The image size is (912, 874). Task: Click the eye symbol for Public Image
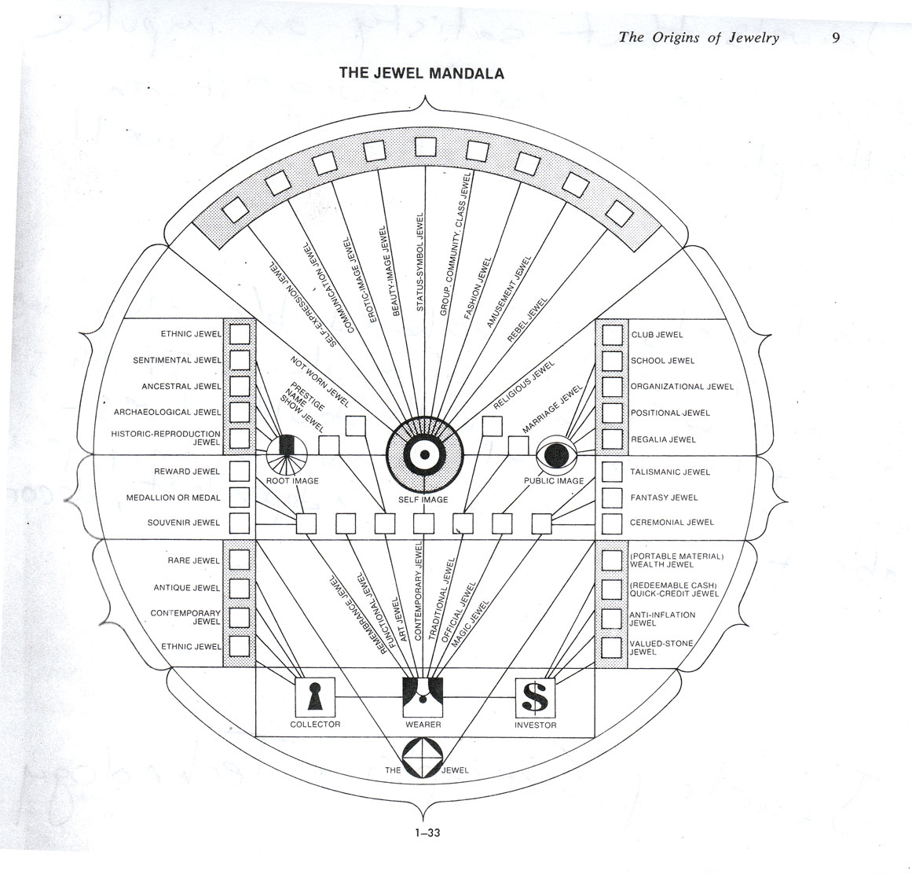pos(556,455)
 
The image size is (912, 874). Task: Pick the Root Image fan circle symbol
pos(287,455)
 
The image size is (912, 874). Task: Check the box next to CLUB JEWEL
pos(612,335)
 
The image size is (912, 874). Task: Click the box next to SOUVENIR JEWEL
pos(239,523)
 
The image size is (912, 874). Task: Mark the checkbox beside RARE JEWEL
pos(239,560)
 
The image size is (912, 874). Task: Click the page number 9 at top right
pos(836,37)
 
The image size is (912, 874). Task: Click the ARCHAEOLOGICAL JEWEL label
pos(167,412)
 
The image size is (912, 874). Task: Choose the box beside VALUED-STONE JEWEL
pos(612,647)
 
